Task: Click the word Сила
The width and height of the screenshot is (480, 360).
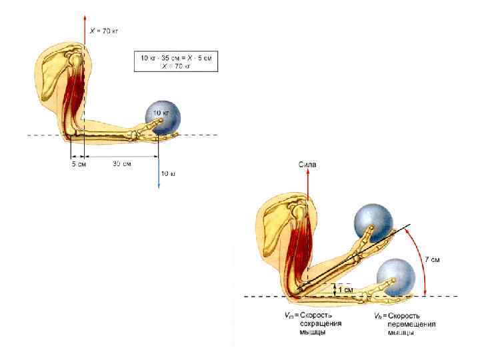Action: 307,163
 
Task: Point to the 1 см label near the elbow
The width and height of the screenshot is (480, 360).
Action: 345,290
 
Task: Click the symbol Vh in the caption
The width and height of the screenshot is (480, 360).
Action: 378,315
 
